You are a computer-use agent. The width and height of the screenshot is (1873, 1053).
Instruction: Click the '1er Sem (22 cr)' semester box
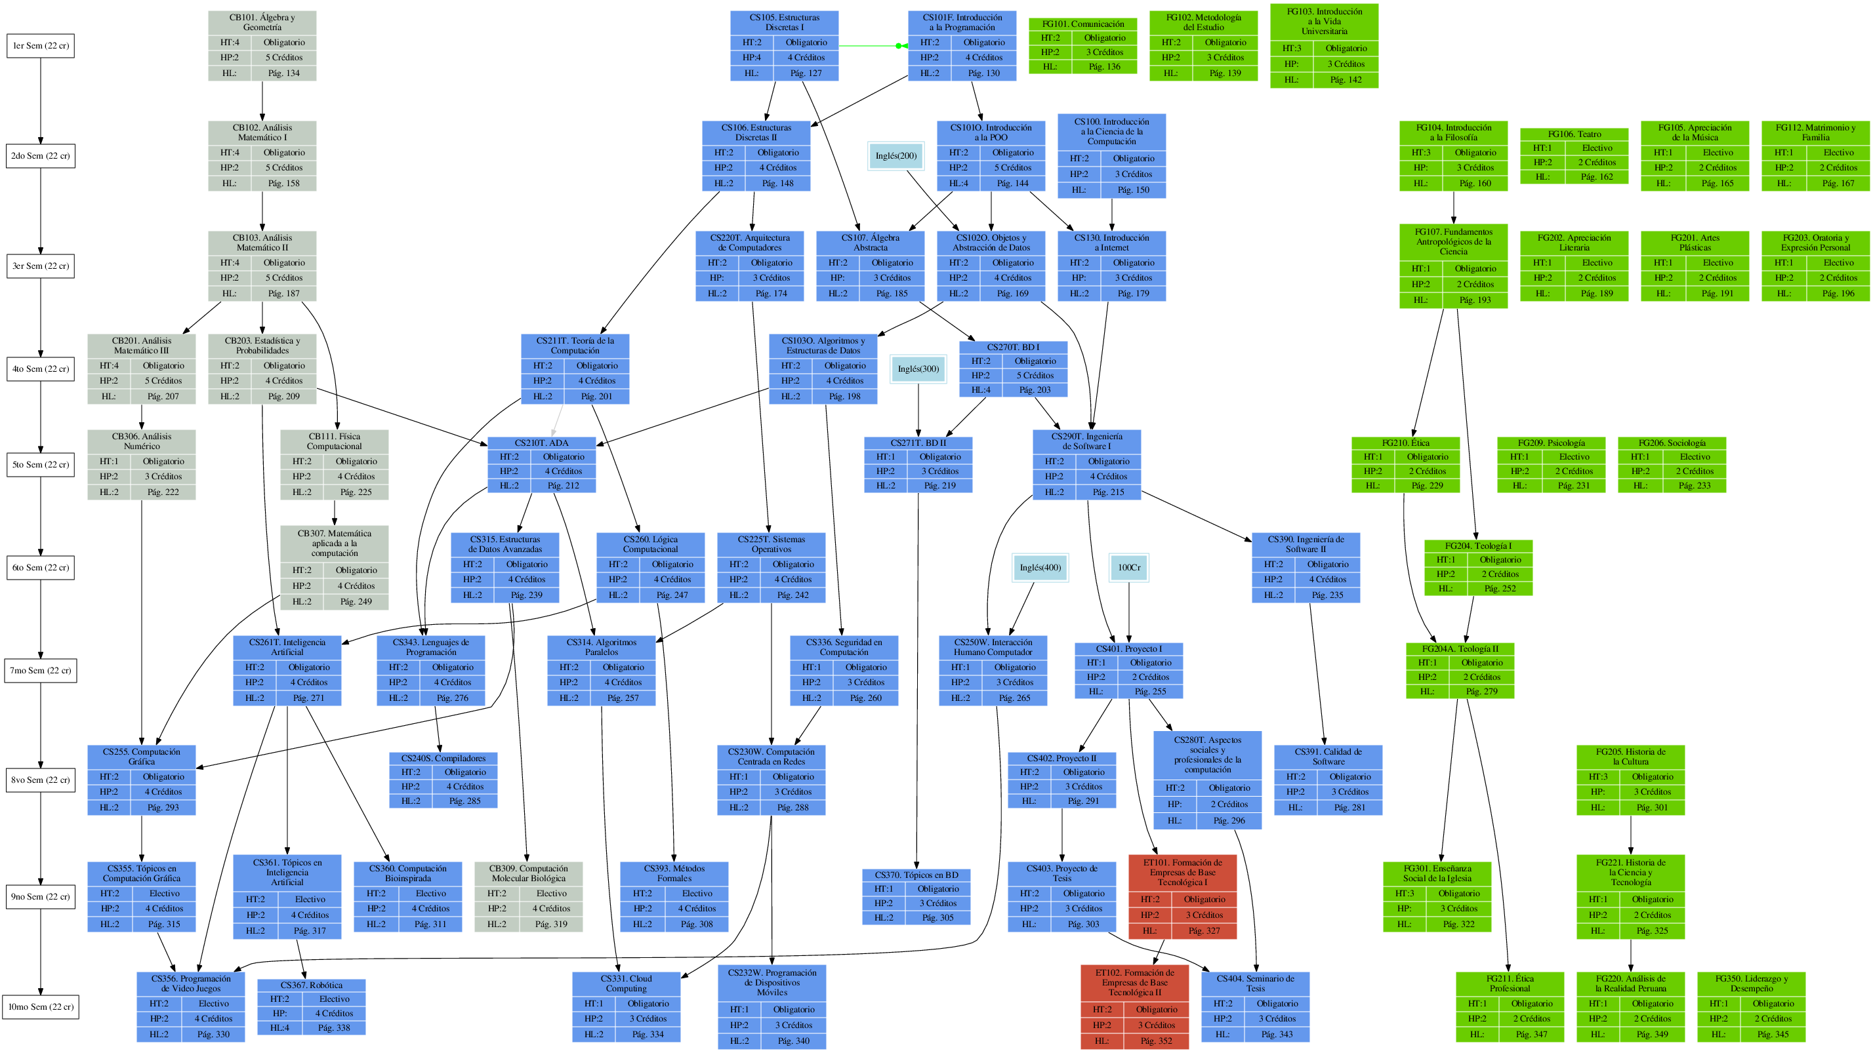click(x=41, y=46)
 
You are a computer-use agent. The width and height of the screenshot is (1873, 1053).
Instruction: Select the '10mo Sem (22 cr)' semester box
click(x=41, y=1006)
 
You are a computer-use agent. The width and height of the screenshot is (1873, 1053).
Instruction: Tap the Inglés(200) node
click(x=895, y=155)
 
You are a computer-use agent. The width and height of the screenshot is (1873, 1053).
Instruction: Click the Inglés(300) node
click(x=918, y=368)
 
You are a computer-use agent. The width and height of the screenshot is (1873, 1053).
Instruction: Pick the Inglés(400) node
click(x=1040, y=568)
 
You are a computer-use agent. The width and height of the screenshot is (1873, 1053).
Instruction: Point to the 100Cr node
click(x=1128, y=568)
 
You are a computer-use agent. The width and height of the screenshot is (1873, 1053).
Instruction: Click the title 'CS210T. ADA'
click(x=542, y=443)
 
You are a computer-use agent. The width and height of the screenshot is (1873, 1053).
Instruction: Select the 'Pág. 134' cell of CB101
click(x=283, y=73)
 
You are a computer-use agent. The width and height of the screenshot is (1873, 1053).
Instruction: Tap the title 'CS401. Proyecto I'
click(x=1128, y=648)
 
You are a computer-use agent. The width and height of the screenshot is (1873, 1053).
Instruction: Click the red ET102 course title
click(x=1134, y=982)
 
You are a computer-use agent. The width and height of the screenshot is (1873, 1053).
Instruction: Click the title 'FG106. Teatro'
click(x=1574, y=134)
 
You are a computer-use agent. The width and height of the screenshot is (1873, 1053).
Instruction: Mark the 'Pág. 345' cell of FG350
click(x=1773, y=1033)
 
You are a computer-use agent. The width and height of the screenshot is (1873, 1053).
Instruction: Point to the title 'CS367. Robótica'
click(x=311, y=985)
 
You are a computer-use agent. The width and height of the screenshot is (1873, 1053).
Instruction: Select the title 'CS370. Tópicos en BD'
click(x=916, y=874)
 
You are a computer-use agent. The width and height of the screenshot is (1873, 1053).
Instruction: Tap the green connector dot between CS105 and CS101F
click(x=899, y=46)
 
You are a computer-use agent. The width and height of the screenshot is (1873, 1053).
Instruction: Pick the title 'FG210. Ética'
click(x=1405, y=443)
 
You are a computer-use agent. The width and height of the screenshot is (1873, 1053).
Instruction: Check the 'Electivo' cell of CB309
click(x=551, y=893)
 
